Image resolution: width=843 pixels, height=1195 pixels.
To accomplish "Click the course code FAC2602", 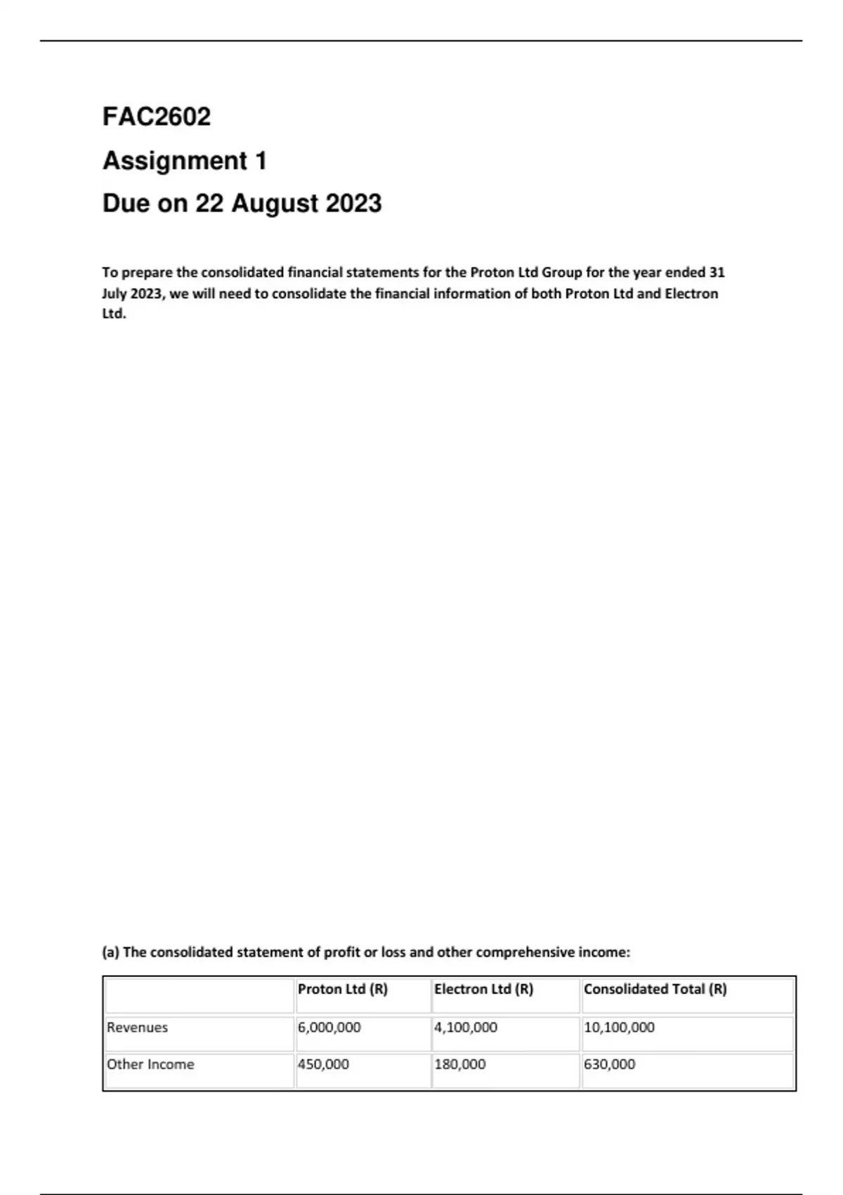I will tap(157, 117).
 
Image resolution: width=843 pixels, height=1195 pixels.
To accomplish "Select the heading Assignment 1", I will tap(185, 161).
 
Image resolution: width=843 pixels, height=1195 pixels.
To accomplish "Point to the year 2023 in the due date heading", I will tap(353, 204).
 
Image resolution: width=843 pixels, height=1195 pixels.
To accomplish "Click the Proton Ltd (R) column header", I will tap(343, 989).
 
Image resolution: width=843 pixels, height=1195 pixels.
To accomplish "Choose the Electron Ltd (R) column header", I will tap(483, 989).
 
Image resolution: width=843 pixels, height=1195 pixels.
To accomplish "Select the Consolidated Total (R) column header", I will tap(655, 989).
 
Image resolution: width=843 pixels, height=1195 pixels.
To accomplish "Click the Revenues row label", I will tap(137, 1027).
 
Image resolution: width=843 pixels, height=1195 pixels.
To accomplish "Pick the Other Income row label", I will tap(150, 1064).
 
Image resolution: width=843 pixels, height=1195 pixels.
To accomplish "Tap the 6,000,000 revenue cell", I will tap(329, 1027).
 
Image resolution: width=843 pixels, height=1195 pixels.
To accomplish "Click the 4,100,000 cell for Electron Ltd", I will tap(465, 1027).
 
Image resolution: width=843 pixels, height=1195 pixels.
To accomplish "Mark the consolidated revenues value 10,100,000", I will tap(619, 1027).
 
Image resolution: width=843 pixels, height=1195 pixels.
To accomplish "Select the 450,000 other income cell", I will tap(323, 1064).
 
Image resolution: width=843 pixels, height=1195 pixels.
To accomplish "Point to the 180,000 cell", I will tap(459, 1064).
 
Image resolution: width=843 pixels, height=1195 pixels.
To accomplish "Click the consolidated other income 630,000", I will tap(609, 1064).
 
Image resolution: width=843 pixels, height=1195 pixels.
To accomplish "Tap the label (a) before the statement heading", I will tap(111, 952).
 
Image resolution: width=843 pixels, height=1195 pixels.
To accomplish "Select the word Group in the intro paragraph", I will tap(561, 273).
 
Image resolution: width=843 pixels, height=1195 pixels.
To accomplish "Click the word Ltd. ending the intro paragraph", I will tap(114, 314).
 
